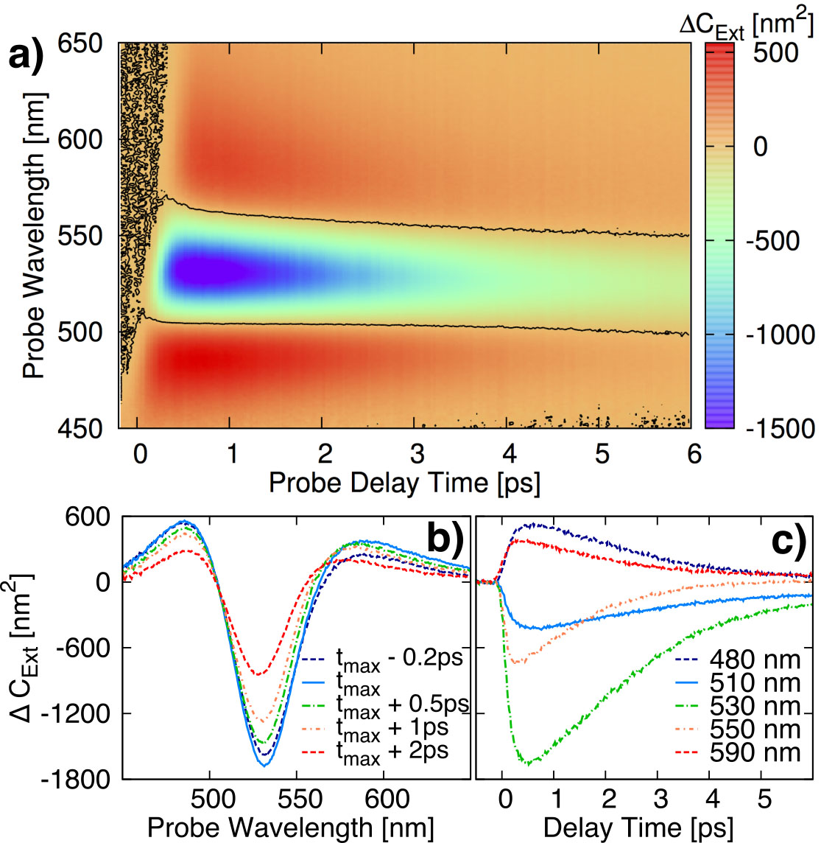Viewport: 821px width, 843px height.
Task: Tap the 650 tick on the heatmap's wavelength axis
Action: pos(81,43)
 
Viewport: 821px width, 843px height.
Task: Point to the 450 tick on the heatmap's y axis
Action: pos(81,428)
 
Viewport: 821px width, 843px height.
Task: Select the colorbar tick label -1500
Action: pos(779,428)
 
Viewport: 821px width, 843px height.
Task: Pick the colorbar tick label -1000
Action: pos(779,334)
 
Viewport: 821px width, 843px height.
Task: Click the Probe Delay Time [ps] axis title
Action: pos(404,483)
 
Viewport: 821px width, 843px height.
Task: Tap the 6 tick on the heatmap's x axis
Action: pos(694,453)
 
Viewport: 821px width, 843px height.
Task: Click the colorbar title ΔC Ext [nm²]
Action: pos(747,25)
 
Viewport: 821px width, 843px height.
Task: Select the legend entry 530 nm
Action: pos(754,707)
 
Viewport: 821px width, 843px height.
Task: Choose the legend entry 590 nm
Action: pos(754,752)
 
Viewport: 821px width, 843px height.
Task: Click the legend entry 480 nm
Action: pos(754,659)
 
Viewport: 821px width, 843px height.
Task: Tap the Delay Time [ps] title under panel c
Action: pos(638,828)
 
